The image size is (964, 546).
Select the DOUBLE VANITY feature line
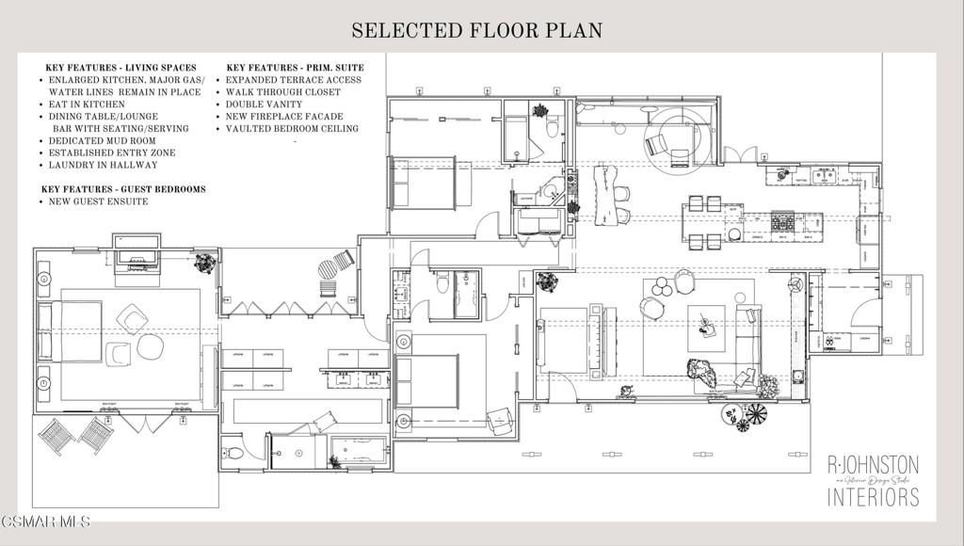(x=264, y=104)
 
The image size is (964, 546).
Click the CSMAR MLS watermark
(x=45, y=520)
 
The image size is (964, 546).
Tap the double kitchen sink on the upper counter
(x=826, y=175)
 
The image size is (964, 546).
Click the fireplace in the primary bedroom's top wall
(x=137, y=253)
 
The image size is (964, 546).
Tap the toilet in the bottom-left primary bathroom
(x=235, y=454)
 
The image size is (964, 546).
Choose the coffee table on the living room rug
(x=705, y=326)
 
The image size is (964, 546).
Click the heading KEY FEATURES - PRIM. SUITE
(x=295, y=68)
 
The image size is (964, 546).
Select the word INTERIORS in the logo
(x=873, y=496)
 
